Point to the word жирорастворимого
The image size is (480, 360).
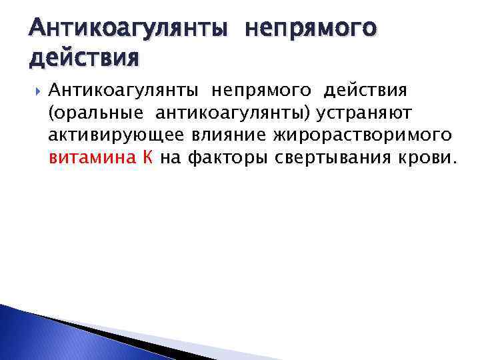pos(363,137)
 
